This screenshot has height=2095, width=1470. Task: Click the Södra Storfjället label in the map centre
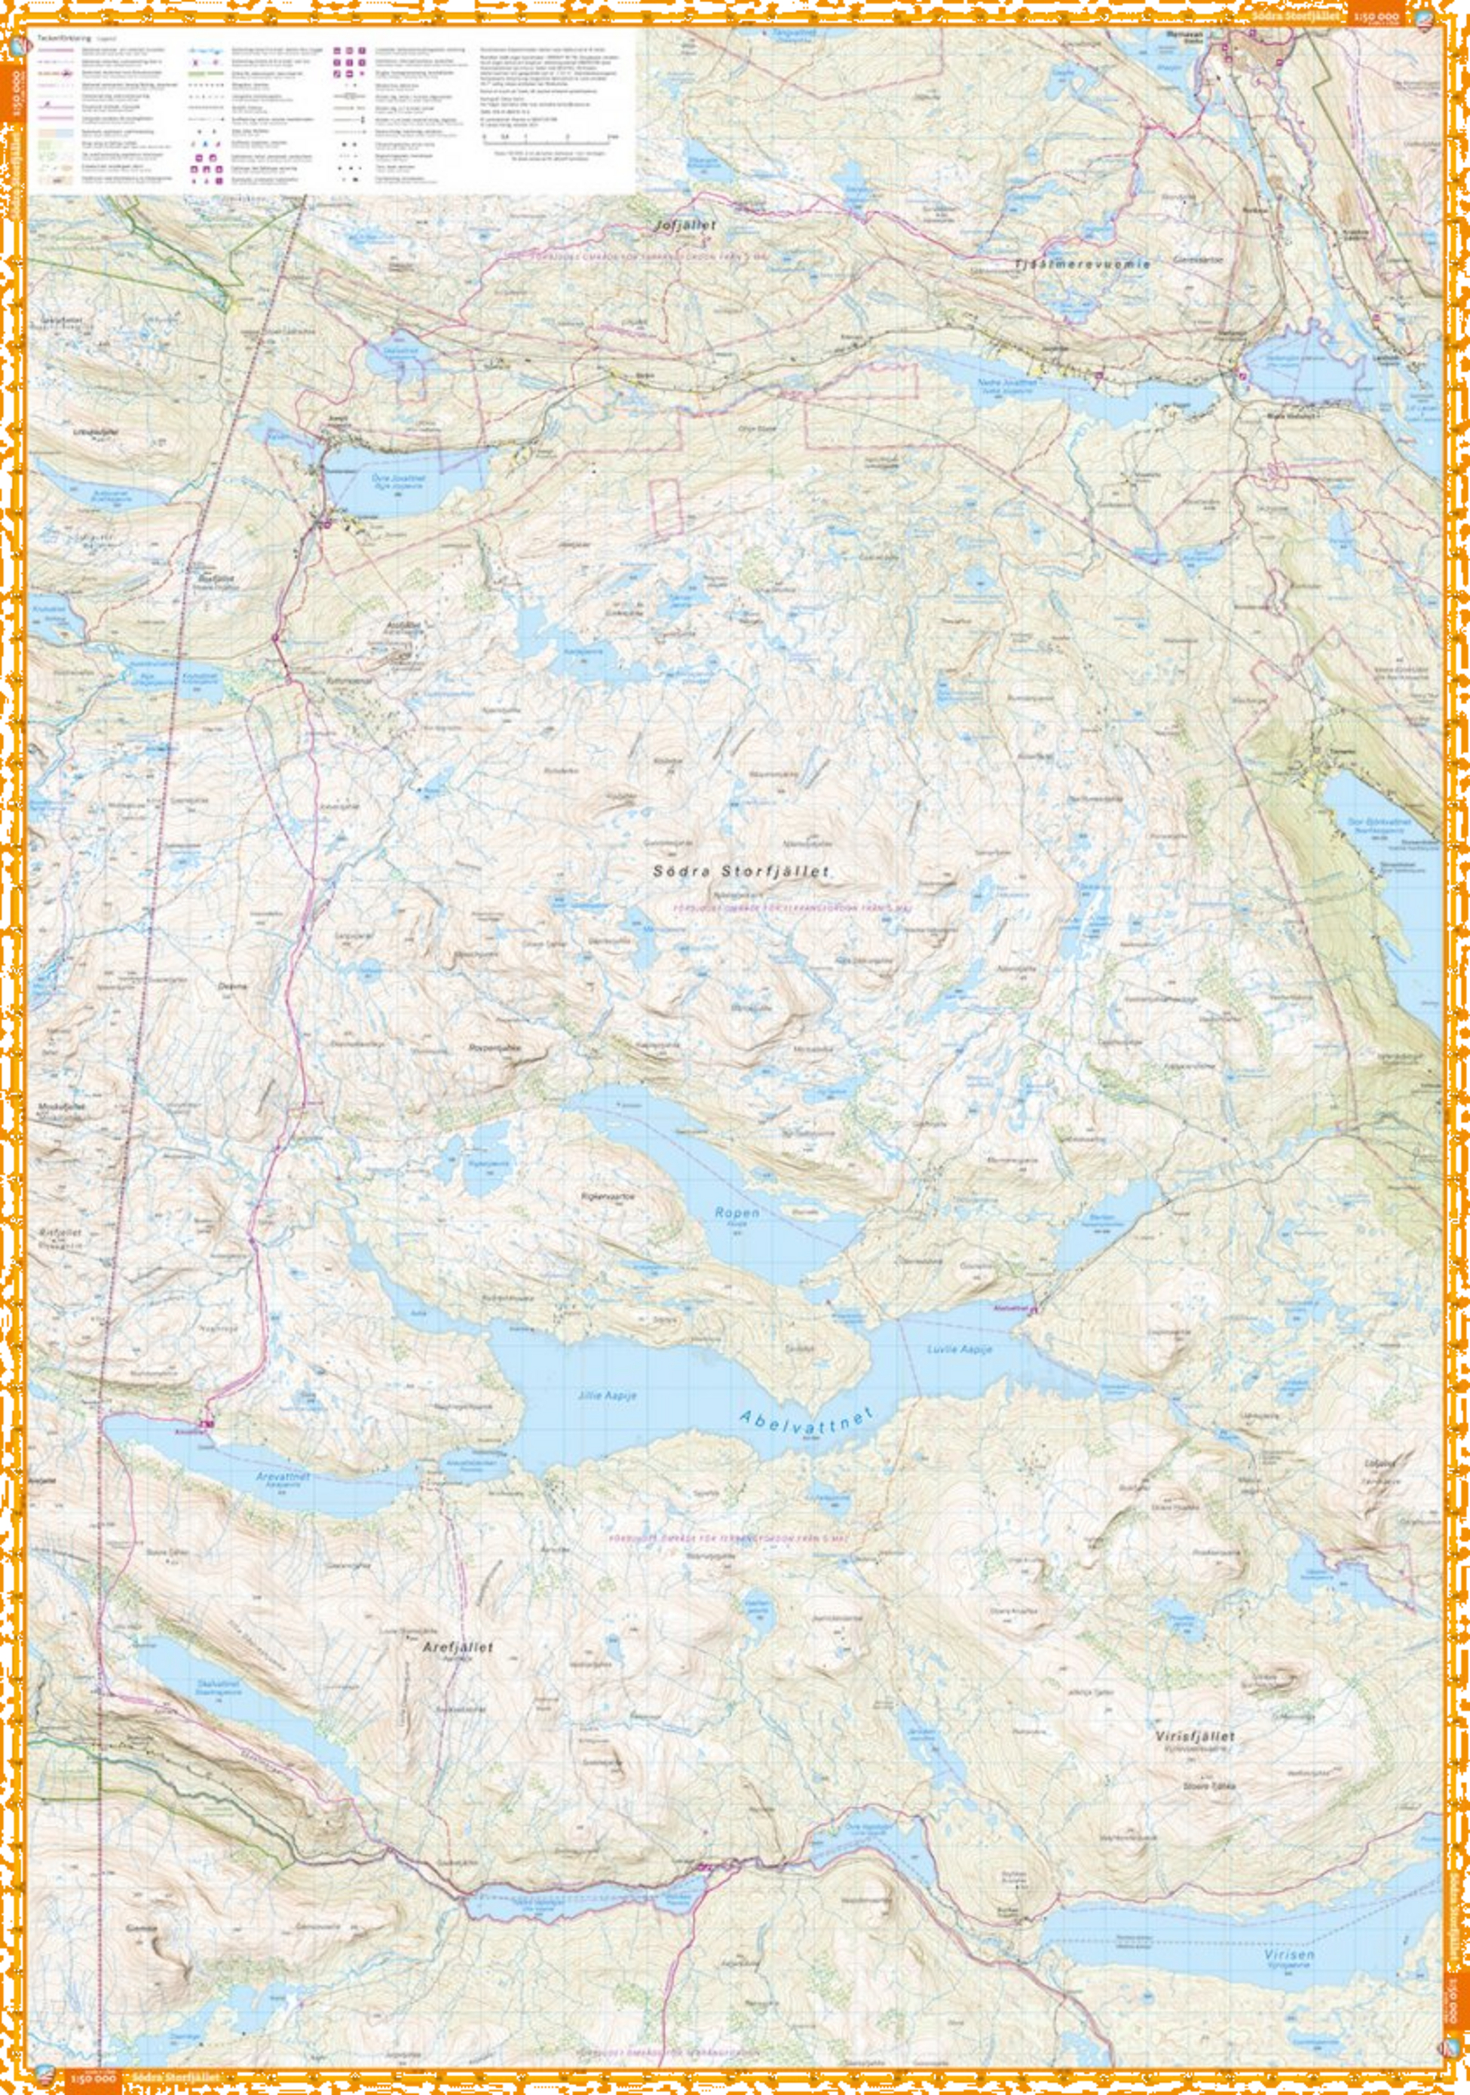741,871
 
